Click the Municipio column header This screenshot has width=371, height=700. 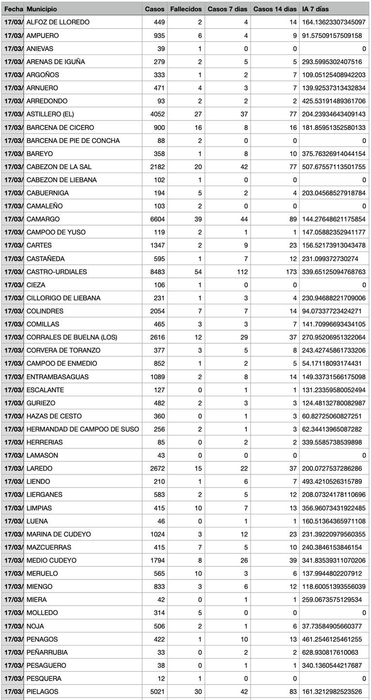[x=42, y=9]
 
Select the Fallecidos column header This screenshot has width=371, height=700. [x=186, y=9]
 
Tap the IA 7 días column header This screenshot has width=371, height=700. [x=315, y=9]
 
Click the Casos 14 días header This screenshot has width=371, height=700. [x=275, y=9]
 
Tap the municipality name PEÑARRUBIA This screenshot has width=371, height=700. [x=47, y=652]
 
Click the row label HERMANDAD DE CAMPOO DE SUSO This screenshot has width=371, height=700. [x=83, y=429]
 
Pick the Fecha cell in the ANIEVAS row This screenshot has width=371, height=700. [x=12, y=49]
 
